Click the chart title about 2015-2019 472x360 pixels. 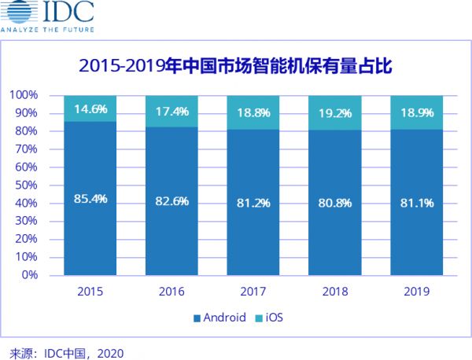tap(235, 64)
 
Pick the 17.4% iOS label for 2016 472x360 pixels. tap(171, 112)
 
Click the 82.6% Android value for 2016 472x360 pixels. tap(171, 202)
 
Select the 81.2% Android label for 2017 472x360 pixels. tap(253, 203)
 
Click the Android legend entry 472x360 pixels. tap(220, 318)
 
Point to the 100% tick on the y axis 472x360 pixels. tap(24, 95)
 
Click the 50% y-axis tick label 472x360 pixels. tap(26, 186)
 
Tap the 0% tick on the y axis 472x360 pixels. tap(29, 275)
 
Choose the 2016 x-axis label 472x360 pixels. tap(171, 291)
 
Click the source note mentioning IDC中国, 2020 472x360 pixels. tap(68, 351)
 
